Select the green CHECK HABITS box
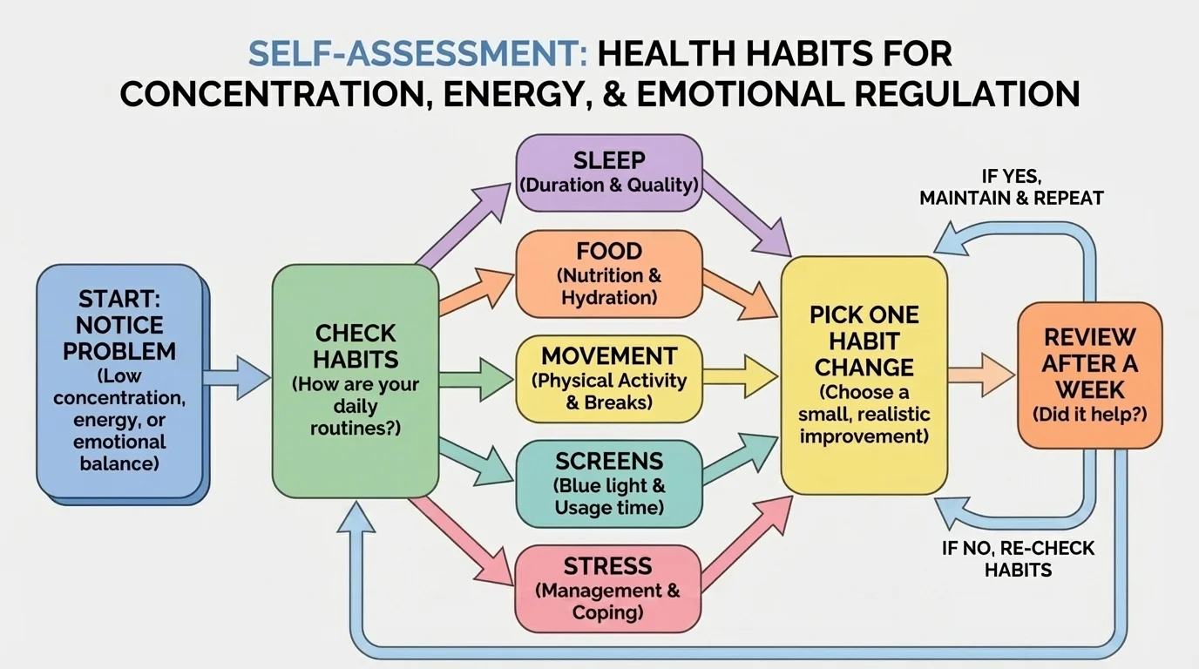[355, 381]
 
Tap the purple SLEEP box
[609, 172]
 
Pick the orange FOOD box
[609, 274]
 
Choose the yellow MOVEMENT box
[609, 379]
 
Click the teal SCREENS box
[609, 483]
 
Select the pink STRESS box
[609, 588]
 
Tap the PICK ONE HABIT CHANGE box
[864, 375]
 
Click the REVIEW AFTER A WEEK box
[1089, 375]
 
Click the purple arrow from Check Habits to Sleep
[466, 224]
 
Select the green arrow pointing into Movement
[477, 379]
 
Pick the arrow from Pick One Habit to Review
[980, 375]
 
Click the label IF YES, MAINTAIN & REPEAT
[1011, 187]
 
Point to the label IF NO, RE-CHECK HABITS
[1018, 559]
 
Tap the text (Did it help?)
[1089, 414]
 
